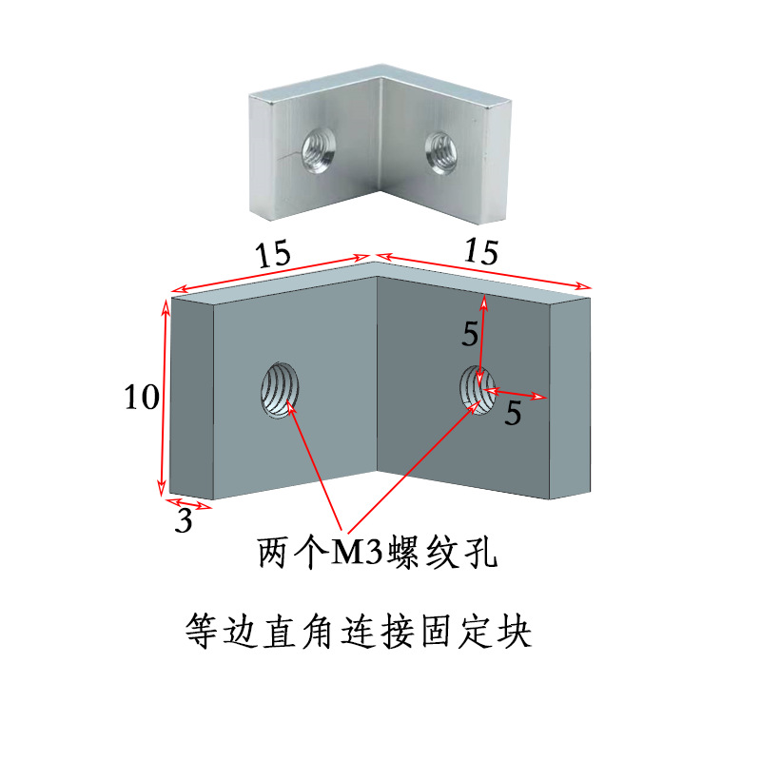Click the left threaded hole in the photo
316,148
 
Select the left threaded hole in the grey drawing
280,390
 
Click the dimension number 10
141,398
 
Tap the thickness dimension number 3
185,520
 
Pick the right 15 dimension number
481,252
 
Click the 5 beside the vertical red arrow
470,334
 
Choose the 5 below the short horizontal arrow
513,414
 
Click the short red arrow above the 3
188,503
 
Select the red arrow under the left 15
270,273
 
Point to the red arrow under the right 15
484,270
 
